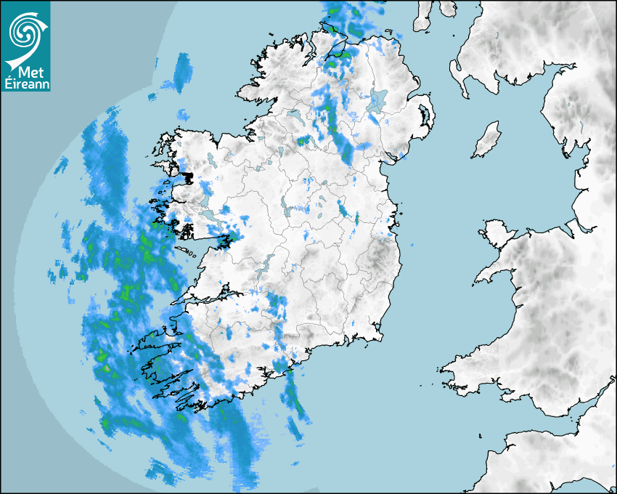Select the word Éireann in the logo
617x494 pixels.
click(x=27, y=85)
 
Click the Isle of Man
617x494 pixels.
click(x=487, y=140)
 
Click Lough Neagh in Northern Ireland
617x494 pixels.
click(x=378, y=100)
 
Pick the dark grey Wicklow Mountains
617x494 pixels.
click(x=380, y=259)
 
